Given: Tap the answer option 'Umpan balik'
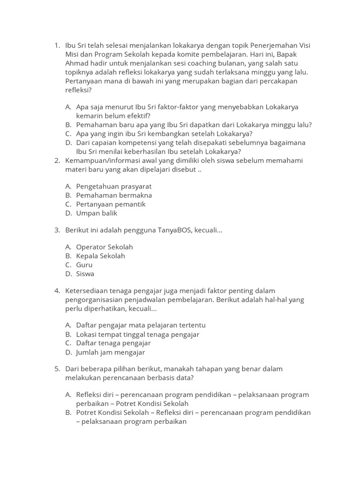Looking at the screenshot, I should (97, 213).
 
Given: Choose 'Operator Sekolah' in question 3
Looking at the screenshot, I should (105, 247).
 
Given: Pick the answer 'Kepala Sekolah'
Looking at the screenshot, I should (101, 256).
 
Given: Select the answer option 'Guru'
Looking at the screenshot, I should (84, 265).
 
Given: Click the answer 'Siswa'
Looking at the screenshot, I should (85, 274).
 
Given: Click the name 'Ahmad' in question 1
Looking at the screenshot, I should (76, 63).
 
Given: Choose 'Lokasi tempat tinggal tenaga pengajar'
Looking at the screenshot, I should (138, 334).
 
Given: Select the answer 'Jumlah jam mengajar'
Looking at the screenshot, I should (111, 352).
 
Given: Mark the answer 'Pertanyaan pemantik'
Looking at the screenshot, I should (111, 204).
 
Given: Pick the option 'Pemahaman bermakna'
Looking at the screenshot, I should (114, 195).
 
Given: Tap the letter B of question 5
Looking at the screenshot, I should (68, 412).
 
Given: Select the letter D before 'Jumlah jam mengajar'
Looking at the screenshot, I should (68, 352).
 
